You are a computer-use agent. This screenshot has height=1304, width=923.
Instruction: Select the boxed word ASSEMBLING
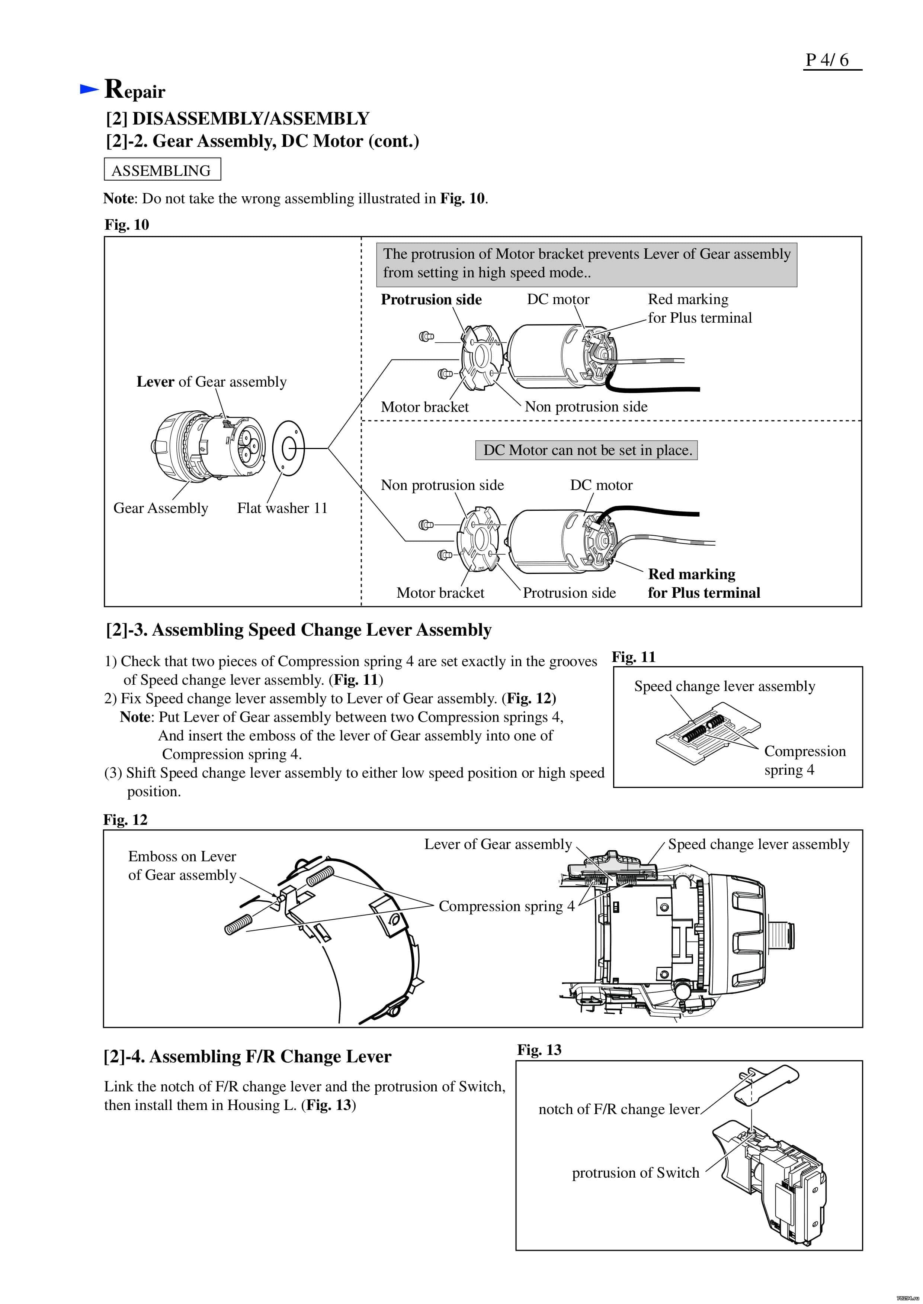coord(161,170)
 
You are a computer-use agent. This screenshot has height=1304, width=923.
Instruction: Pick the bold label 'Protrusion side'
coord(431,299)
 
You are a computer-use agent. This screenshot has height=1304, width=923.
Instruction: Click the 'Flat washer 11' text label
coord(282,508)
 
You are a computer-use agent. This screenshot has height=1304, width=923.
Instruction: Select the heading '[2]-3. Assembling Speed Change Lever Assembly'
coord(298,630)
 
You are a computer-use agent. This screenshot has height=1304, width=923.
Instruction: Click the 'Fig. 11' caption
coord(633,657)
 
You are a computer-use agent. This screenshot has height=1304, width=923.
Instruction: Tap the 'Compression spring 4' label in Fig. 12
coord(506,906)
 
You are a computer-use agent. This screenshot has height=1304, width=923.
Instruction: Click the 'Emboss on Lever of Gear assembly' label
coord(182,865)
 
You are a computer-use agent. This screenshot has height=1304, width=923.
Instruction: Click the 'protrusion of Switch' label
coord(635,1173)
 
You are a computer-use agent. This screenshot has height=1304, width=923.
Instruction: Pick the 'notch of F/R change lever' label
coord(618,1109)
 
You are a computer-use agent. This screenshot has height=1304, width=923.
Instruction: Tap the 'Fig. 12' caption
coord(125,820)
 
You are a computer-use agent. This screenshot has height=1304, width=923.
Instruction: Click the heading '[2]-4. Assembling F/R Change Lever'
coord(247,1056)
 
